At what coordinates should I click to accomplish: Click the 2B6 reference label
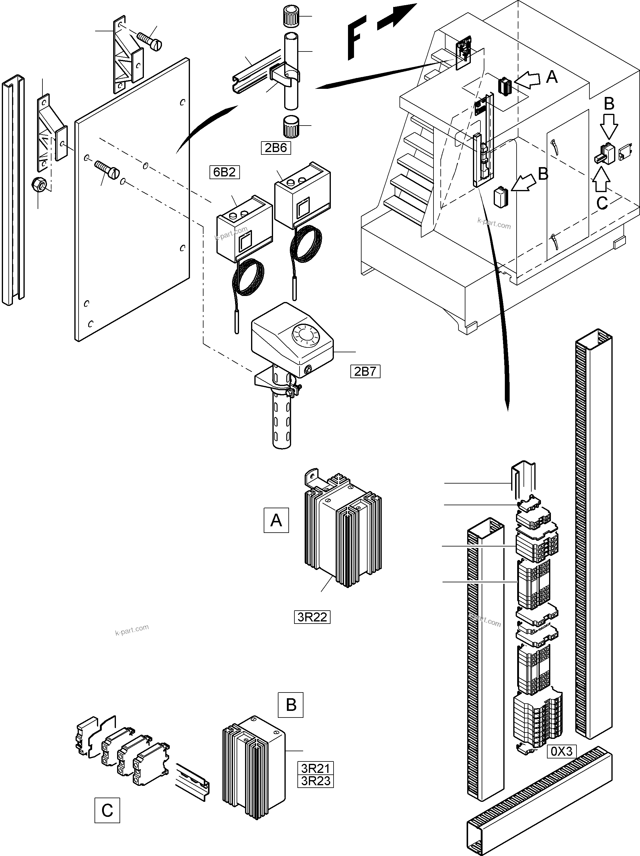point(276,148)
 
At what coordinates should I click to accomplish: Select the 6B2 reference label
point(225,172)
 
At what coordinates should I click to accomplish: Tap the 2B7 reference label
point(365,372)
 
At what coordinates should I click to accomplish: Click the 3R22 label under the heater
point(312,617)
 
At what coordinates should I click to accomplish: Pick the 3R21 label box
point(316,768)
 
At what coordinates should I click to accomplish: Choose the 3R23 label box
point(316,781)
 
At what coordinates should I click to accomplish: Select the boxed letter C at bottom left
point(107,810)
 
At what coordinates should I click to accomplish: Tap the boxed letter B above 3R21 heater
point(290,705)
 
